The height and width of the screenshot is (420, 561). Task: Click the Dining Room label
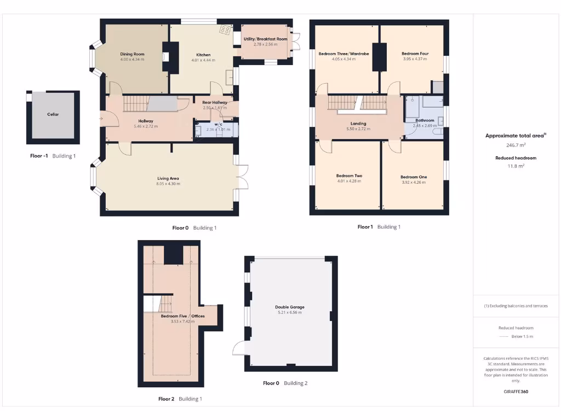(x=132, y=54)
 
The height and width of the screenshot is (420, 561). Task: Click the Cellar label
(x=53, y=114)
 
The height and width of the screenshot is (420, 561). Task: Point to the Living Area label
(x=168, y=178)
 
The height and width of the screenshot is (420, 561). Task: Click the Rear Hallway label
(x=214, y=102)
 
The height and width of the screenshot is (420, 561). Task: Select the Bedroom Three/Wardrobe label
(x=344, y=54)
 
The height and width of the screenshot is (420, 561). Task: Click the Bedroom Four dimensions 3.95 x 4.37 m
(x=415, y=59)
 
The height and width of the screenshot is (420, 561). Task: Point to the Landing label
(x=358, y=124)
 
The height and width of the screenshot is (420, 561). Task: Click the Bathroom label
(x=425, y=120)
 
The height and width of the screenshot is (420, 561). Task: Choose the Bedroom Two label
(x=349, y=176)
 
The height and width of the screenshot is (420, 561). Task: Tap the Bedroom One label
(x=413, y=177)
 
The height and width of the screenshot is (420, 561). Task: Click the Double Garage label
(x=290, y=307)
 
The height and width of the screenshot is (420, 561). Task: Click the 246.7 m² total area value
(x=516, y=145)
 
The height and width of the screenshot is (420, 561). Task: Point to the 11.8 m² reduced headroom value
(x=516, y=166)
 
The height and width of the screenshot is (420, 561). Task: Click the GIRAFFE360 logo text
(x=516, y=392)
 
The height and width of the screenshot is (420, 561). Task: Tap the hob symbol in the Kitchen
(x=225, y=30)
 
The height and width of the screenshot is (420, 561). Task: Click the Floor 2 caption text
(x=166, y=399)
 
